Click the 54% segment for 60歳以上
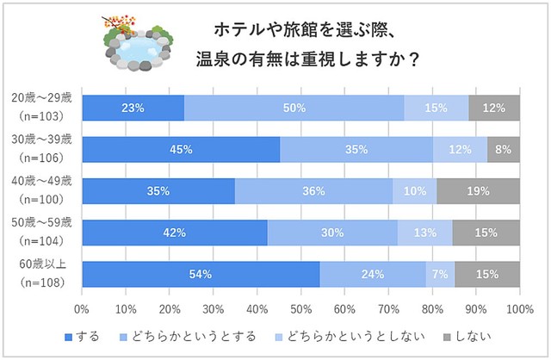(x=201, y=274)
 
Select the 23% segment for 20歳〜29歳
(x=133, y=108)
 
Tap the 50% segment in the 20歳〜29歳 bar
(x=294, y=108)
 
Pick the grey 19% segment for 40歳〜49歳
(x=478, y=190)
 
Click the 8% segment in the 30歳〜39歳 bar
(x=503, y=149)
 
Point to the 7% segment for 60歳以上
(x=440, y=274)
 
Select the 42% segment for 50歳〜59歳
(x=175, y=233)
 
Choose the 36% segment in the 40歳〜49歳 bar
(x=313, y=190)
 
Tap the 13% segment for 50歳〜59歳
(x=424, y=233)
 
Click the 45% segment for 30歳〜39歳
(x=181, y=149)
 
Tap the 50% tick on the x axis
(x=300, y=307)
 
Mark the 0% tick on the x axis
(x=83, y=307)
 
